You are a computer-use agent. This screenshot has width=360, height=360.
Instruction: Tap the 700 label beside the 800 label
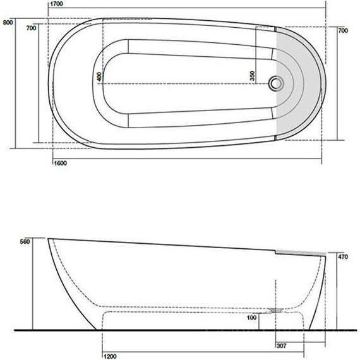[x=30, y=28]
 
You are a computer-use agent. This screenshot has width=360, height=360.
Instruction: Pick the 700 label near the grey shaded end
[x=343, y=30]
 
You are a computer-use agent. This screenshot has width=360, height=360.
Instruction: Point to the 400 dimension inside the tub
[x=99, y=76]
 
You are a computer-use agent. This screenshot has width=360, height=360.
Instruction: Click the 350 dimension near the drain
[x=252, y=75]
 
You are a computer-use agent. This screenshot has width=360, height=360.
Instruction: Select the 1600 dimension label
[x=59, y=163]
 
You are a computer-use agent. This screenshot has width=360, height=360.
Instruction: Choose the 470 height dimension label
[x=344, y=258]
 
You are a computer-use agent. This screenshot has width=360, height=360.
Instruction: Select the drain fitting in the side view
[x=275, y=309]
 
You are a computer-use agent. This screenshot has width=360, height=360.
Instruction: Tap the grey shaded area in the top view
[x=303, y=82]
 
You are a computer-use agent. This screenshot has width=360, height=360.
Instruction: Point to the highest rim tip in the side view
[x=49, y=239]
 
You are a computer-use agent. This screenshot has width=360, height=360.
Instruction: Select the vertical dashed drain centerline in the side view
[x=276, y=294]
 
